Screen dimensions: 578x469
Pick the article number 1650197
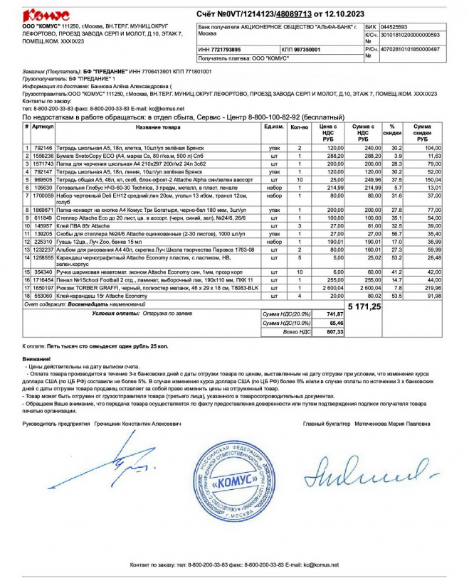pyautogui.click(x=43, y=288)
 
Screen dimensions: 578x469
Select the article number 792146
pyautogui.click(x=43, y=148)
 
